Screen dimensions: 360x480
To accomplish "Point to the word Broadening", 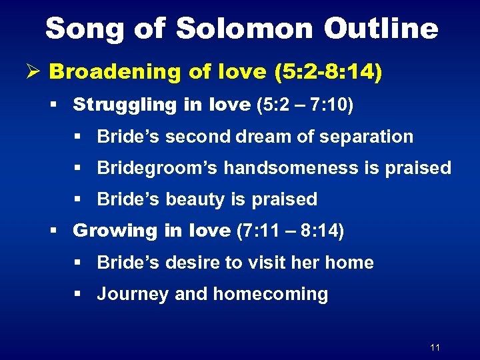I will [x=117, y=72].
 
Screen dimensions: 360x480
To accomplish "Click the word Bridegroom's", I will [x=157, y=167].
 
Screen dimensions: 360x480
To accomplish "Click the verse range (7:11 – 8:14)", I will [x=291, y=231].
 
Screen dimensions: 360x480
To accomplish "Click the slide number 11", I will [x=435, y=347].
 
